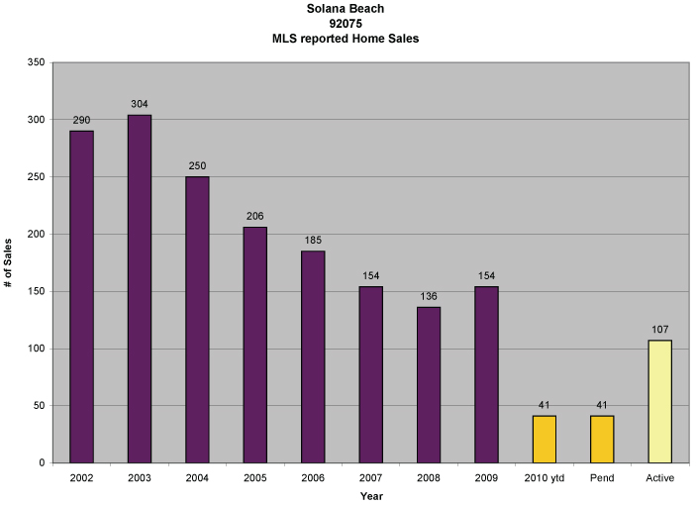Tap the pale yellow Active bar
click(x=659, y=401)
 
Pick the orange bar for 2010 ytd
click(x=545, y=439)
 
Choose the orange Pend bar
click(x=602, y=439)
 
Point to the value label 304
click(x=140, y=105)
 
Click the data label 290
click(x=81, y=121)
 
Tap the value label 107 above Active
click(x=659, y=330)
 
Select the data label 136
click(x=429, y=297)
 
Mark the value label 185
click(x=313, y=241)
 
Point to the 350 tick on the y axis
click(x=38, y=62)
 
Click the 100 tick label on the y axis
click(x=38, y=349)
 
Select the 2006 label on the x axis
click(x=313, y=478)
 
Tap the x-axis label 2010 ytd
click(x=545, y=478)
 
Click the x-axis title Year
click(x=370, y=495)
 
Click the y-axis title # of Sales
click(x=8, y=262)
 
